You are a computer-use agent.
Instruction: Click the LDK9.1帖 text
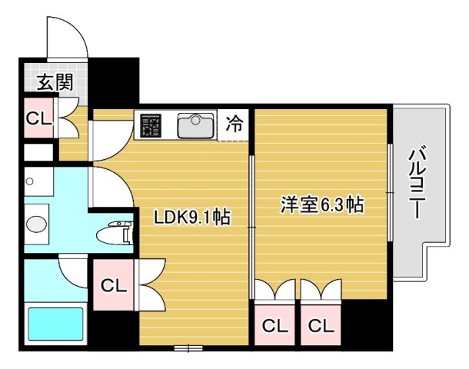tap(193, 218)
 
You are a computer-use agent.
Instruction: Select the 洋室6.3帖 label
tap(322, 205)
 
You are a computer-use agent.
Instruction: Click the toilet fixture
tap(118, 234)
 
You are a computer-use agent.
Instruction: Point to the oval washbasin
tap(36, 224)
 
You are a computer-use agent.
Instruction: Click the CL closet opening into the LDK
tap(114, 286)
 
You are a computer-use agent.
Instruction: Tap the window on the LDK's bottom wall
tap(193, 348)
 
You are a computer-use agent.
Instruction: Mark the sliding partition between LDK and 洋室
tap(251, 223)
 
